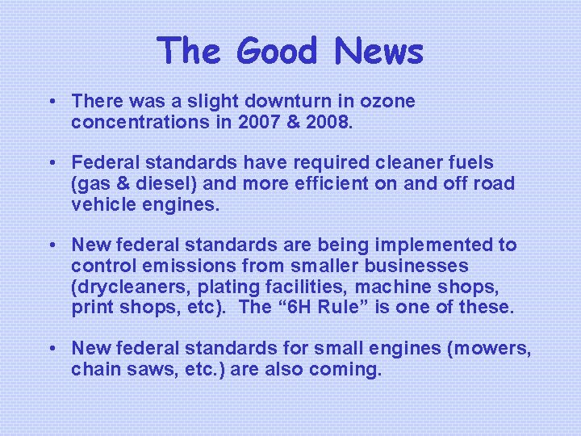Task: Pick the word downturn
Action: tap(285, 102)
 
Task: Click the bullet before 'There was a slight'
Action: tap(51, 103)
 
